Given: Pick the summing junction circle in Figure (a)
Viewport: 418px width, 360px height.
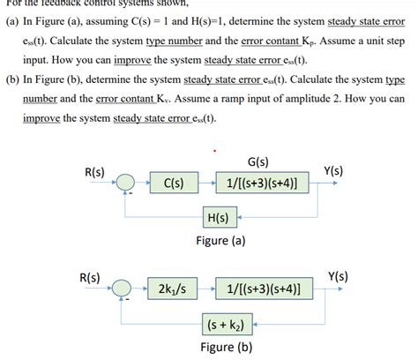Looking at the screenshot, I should tap(129, 184).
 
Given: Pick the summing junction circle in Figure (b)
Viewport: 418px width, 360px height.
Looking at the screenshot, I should tap(129, 289).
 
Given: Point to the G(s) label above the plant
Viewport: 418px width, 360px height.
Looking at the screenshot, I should tap(234, 162).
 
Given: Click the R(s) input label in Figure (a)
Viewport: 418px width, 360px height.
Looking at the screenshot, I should tap(94, 172).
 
